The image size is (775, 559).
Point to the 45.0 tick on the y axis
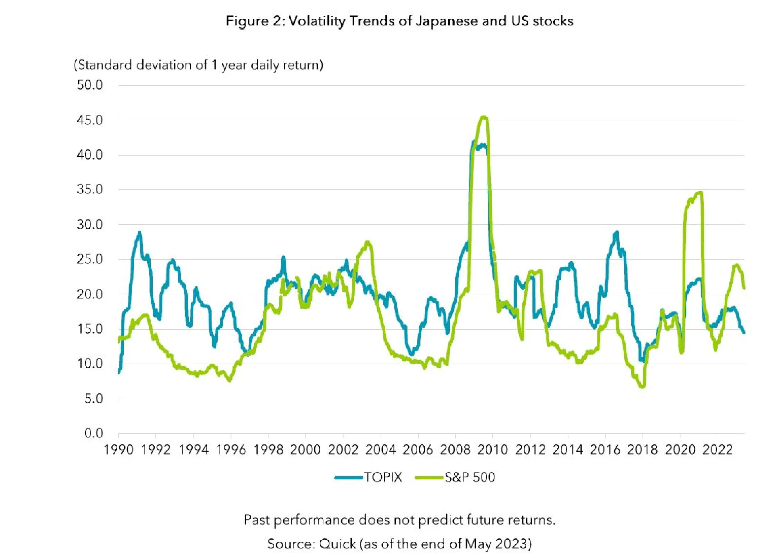(x=90, y=120)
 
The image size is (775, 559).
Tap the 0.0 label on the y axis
(x=94, y=433)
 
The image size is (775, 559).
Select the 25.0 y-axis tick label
(x=90, y=259)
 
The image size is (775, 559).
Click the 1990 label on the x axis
(x=118, y=450)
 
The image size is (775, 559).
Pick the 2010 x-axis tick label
(x=492, y=450)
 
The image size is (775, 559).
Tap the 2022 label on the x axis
(x=717, y=450)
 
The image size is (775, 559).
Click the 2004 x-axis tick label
(x=380, y=450)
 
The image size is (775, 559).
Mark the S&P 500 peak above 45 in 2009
(x=484, y=117)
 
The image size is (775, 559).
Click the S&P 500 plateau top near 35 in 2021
(x=701, y=193)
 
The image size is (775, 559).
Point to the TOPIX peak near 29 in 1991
(x=140, y=233)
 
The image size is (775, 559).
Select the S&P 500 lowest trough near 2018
(x=642, y=387)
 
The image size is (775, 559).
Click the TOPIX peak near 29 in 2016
(x=616, y=232)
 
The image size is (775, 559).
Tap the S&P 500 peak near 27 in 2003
(x=367, y=242)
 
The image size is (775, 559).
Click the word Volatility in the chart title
(x=317, y=21)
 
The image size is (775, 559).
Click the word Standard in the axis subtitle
(x=105, y=65)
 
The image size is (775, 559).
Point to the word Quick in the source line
(x=337, y=544)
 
